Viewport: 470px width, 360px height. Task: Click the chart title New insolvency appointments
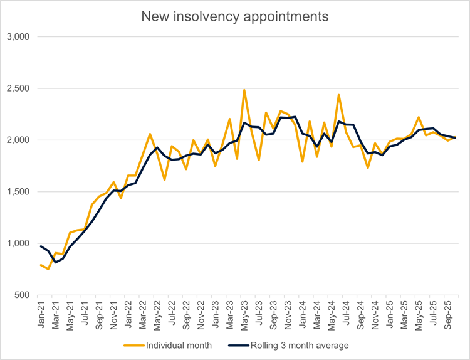[x=235, y=17]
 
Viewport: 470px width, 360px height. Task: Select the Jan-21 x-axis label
[x=42, y=312]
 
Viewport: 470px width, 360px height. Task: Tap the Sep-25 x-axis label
[x=449, y=312]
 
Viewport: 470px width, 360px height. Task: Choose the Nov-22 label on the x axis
[x=201, y=312]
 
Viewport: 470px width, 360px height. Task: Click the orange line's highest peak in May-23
[x=244, y=90]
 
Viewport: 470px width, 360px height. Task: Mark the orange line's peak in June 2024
[x=339, y=95]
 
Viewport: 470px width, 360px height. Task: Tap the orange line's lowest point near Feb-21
[x=48, y=269]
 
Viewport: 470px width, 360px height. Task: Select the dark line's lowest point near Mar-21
[x=55, y=262]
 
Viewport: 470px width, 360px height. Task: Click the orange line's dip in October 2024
[x=368, y=167]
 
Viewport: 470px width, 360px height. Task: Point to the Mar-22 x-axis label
[x=144, y=312]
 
